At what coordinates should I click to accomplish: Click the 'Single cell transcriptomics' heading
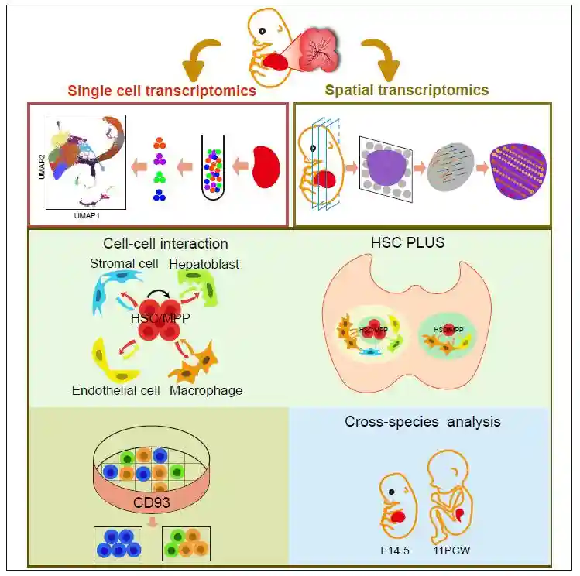[x=162, y=91]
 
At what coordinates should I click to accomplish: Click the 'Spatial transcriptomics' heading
[x=407, y=91]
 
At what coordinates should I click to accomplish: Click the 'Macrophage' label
[x=206, y=390]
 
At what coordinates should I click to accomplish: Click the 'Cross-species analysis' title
[x=422, y=422]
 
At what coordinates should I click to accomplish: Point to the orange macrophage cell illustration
[x=203, y=361]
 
